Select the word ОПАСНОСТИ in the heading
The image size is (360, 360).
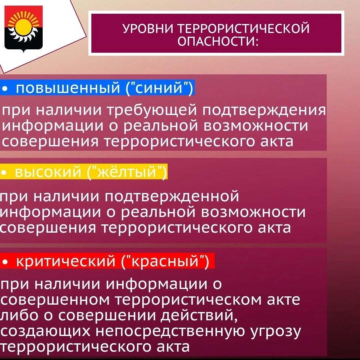click(218, 42)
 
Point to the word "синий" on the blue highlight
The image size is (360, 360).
click(159, 88)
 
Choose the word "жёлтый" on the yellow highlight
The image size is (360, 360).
click(127, 172)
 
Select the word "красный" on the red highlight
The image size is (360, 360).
click(165, 261)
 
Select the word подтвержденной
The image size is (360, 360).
click(172, 197)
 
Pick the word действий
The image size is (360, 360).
click(199, 315)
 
